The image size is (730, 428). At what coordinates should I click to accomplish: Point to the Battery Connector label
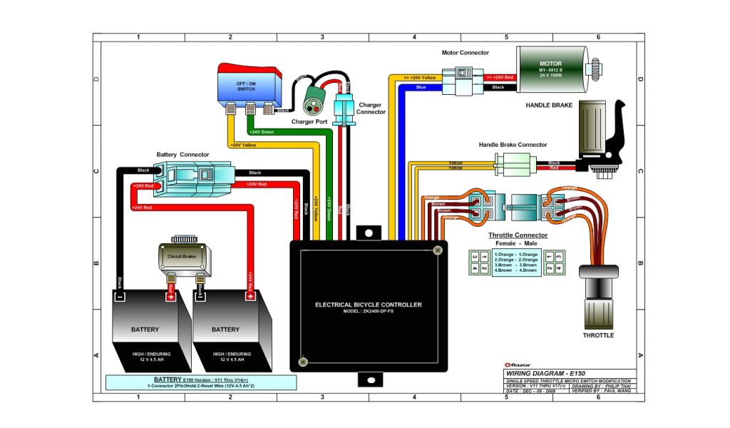(x=182, y=154)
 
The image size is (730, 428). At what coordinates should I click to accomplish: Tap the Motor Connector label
(x=466, y=53)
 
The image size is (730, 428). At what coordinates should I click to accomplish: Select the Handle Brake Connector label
(x=513, y=145)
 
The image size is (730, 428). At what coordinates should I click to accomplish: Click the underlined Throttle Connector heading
(x=518, y=235)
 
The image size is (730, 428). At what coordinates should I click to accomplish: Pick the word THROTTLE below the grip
(x=598, y=335)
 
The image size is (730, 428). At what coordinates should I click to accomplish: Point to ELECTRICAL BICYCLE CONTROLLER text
(x=369, y=305)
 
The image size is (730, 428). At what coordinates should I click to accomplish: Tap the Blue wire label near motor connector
(x=421, y=88)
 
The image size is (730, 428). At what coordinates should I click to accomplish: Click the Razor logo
(x=515, y=364)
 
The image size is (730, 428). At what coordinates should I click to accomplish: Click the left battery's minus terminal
(x=120, y=296)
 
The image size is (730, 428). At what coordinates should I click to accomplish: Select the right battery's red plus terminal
(x=250, y=296)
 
